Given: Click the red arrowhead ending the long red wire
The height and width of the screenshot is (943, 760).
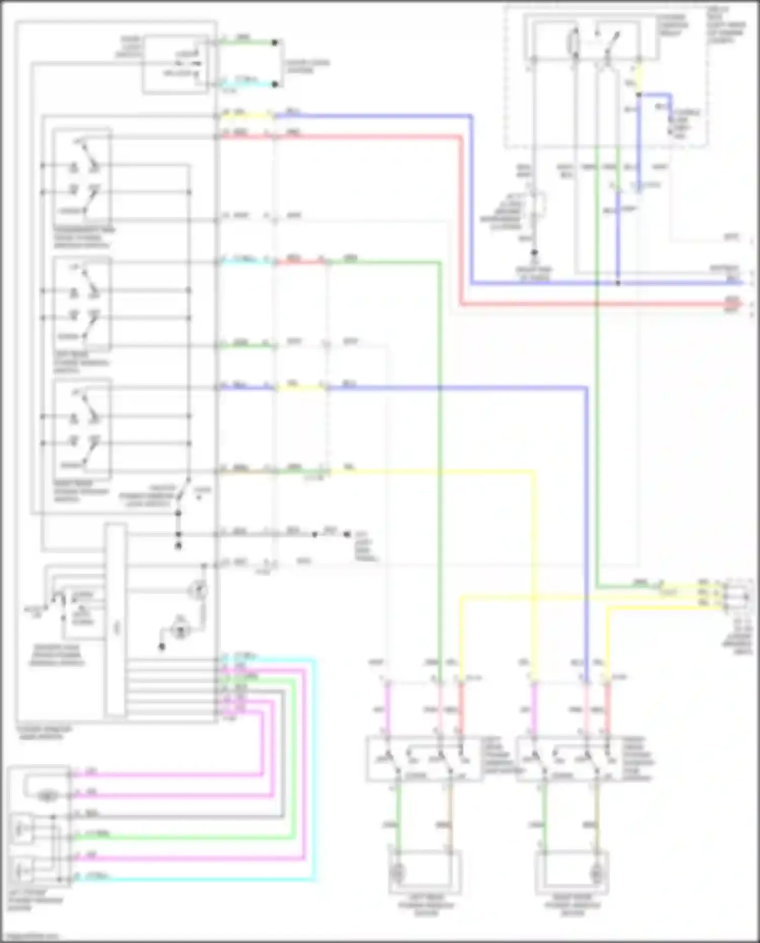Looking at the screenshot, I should tap(741, 305).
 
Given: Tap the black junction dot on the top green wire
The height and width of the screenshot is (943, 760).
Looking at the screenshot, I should tap(275, 43).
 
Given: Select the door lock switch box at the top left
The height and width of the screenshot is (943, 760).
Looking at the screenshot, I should tap(175, 64).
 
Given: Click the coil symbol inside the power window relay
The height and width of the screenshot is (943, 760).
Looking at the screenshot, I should tap(575, 42).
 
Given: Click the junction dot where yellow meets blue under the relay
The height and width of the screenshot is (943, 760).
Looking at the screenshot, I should tap(639, 95).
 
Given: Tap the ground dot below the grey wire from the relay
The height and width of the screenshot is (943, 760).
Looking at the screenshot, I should tap(534, 252).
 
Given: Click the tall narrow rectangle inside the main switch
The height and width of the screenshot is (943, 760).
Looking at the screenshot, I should tap(116, 621).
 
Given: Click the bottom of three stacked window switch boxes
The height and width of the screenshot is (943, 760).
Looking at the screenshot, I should tap(82, 430).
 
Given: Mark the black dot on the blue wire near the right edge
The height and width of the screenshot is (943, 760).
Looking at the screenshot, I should tap(618, 283).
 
